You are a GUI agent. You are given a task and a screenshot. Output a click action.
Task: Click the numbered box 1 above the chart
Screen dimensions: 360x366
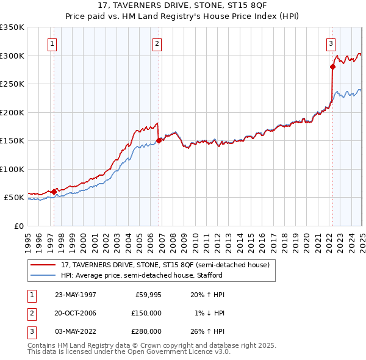click(52, 43)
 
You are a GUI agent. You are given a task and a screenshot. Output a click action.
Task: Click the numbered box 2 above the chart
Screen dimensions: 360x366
click(157, 43)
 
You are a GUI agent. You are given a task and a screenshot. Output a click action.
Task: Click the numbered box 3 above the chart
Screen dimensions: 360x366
click(331, 43)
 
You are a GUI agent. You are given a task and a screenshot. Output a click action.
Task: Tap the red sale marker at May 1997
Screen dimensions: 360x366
click(54, 192)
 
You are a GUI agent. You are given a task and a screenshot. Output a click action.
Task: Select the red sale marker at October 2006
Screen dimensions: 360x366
click(159, 140)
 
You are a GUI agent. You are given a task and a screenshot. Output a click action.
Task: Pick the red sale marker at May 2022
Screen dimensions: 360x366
click(332, 67)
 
